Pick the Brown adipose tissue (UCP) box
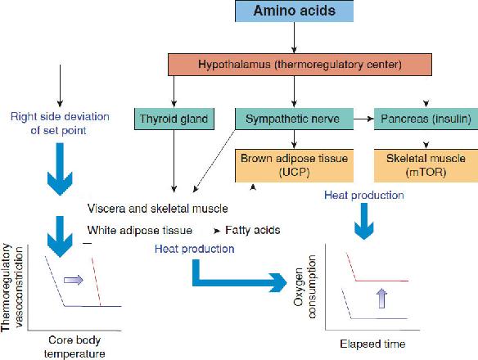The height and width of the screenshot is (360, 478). point(294,163)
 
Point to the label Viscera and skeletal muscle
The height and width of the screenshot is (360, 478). point(158,208)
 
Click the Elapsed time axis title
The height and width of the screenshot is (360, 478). point(373,344)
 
